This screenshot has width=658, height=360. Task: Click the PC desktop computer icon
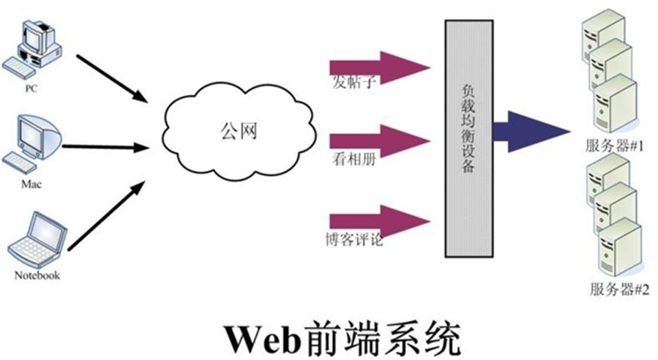(32, 48)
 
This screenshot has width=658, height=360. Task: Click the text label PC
(31, 89)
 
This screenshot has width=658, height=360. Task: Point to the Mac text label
(30, 184)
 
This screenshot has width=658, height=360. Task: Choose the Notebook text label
(37, 276)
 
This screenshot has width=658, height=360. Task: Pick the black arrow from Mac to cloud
(105, 146)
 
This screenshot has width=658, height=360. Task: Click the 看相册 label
(354, 160)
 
